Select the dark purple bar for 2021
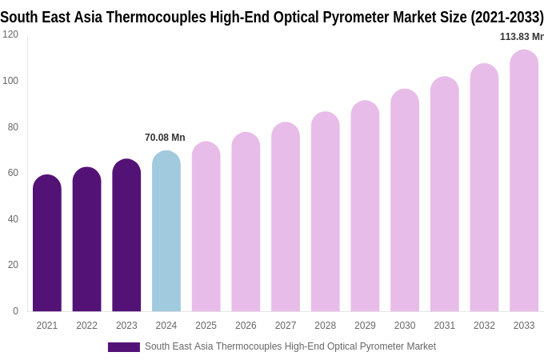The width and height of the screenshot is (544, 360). [x=47, y=244]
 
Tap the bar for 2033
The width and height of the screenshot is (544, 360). [x=524, y=182]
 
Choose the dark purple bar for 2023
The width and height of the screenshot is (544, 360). [x=126, y=236]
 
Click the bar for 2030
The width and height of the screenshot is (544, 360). [x=405, y=201]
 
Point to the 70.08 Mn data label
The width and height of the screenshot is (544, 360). [x=165, y=138]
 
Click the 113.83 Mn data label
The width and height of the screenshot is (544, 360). [x=521, y=37]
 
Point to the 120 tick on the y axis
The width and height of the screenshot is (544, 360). [x=10, y=34]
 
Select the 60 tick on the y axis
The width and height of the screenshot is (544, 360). [x=13, y=173]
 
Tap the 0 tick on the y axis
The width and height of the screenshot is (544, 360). [x=15, y=311]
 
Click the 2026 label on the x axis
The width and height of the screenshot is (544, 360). [x=246, y=326]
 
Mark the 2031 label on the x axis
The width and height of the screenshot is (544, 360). [x=445, y=326]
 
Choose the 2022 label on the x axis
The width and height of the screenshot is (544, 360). [x=86, y=326]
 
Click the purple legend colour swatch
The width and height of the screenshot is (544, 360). [x=124, y=347]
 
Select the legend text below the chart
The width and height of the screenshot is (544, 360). [x=290, y=346]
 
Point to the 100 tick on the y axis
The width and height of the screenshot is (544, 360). [x=10, y=81]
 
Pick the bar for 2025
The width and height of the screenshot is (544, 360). [x=206, y=227]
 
